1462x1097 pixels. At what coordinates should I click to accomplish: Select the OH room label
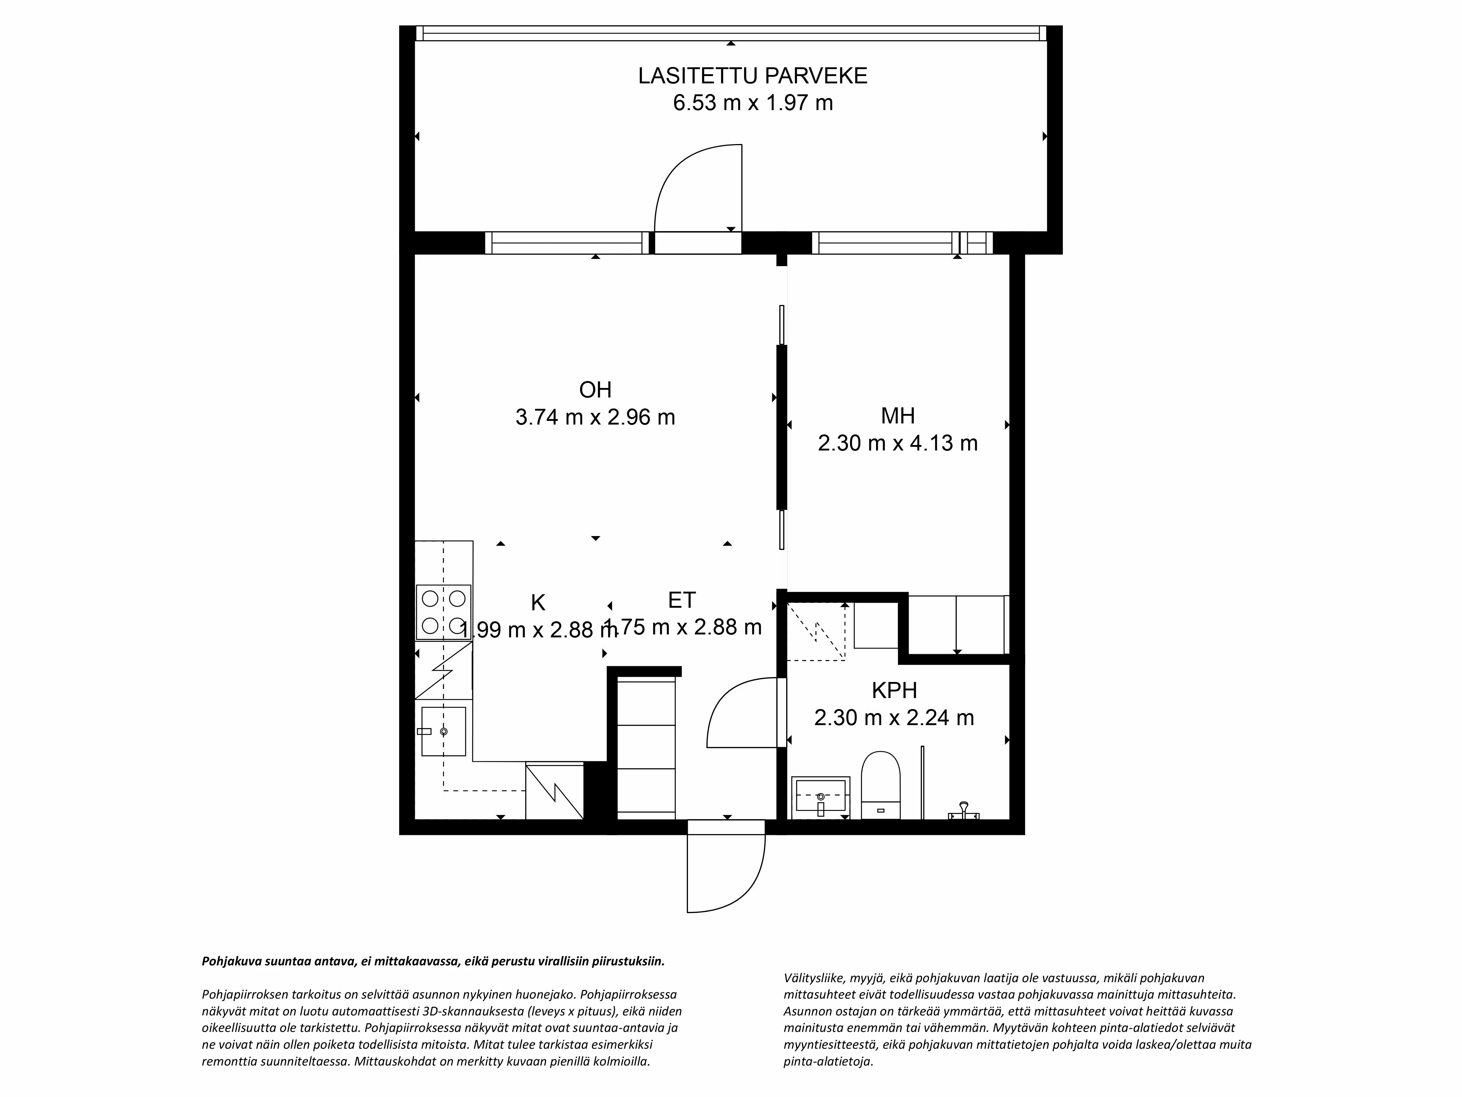tap(595, 390)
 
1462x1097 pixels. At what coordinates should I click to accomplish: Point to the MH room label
tap(898, 416)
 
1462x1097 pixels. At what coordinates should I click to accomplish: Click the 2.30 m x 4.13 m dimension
tap(898, 443)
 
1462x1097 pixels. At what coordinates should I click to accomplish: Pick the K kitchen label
tap(538, 603)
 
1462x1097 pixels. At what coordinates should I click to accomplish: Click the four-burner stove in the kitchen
tap(443, 612)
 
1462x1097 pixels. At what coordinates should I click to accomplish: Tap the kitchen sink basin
tap(443, 731)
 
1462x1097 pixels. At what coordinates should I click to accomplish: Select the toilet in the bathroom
tap(881, 785)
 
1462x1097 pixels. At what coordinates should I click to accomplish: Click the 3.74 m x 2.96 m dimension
tap(595, 417)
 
